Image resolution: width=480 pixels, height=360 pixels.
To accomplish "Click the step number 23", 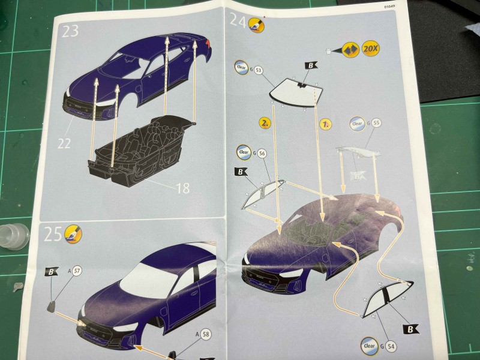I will click(70, 31).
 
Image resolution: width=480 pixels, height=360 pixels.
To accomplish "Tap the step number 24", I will click(238, 22).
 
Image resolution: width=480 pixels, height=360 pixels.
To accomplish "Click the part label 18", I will click(182, 188).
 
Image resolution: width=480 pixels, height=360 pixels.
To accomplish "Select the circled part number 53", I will click(259, 70).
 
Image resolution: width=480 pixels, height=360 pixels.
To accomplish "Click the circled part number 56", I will click(262, 154).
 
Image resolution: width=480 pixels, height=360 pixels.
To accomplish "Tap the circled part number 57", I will click(77, 271).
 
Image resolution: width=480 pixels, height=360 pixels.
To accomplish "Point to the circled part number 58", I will click(206, 334).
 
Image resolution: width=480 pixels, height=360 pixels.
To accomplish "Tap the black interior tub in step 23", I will click(141, 147).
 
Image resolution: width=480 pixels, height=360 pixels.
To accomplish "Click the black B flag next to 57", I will click(52, 271).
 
